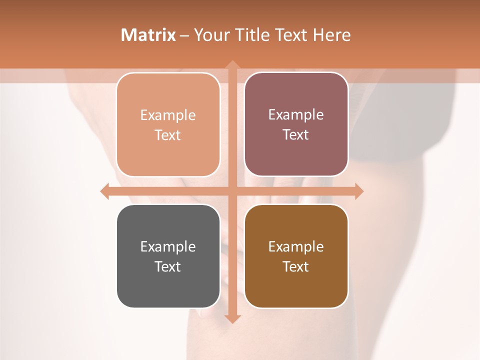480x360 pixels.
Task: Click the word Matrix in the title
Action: (x=148, y=35)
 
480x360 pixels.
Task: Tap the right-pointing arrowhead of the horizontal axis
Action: (x=358, y=191)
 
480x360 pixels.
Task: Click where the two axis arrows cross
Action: (x=232, y=191)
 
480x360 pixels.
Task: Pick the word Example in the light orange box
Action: (x=168, y=115)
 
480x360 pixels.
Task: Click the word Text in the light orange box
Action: (x=168, y=135)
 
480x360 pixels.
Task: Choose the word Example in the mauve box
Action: (x=296, y=115)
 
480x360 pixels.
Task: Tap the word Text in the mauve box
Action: (x=296, y=135)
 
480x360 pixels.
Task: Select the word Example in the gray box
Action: (x=168, y=247)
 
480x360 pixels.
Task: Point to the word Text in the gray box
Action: (x=168, y=267)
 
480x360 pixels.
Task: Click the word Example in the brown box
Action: (x=296, y=247)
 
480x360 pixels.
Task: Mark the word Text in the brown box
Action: (x=296, y=267)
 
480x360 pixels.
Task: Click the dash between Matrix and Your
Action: (x=184, y=35)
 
